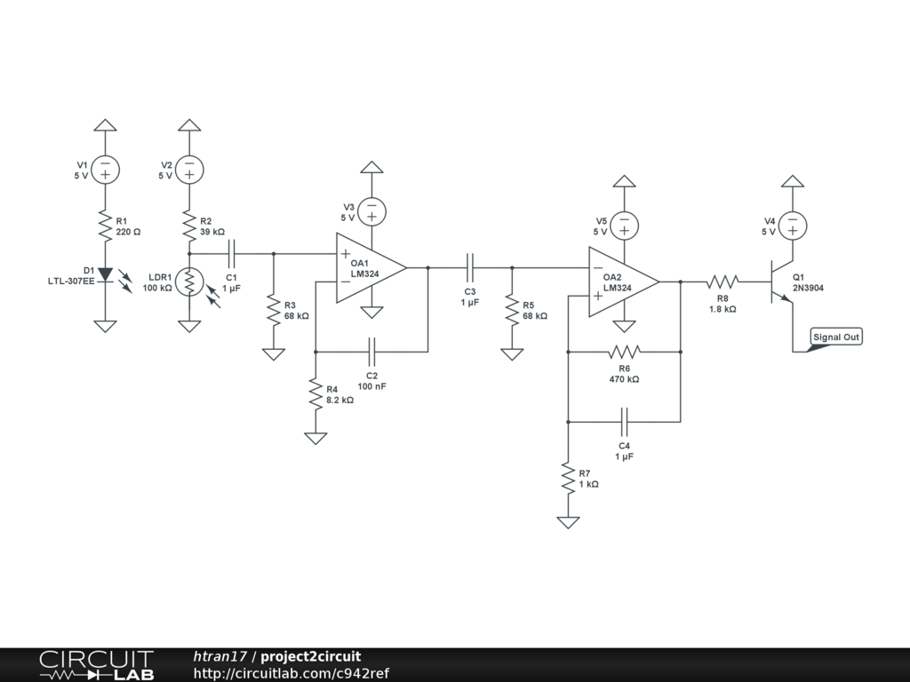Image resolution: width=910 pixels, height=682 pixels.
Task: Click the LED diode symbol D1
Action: [x=105, y=274]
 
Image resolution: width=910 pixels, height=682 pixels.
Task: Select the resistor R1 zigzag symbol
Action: [x=105, y=226]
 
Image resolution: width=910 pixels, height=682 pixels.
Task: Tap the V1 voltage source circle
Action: [x=105, y=170]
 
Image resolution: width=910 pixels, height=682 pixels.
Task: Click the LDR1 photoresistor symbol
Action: [x=189, y=282]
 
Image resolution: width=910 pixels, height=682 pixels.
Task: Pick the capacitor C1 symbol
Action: [x=232, y=253]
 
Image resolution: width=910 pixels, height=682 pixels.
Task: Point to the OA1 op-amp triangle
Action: [x=371, y=268]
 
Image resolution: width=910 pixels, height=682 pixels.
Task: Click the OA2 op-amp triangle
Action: [x=624, y=282]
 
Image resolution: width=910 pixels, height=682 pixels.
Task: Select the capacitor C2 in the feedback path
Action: [x=371, y=352]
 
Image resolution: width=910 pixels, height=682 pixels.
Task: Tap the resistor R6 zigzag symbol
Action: [x=625, y=352]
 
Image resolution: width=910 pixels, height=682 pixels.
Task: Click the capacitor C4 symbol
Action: [x=625, y=422]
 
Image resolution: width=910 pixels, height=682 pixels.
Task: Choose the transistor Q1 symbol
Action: [x=780, y=282]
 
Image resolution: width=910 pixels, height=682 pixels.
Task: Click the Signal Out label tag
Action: [x=835, y=337]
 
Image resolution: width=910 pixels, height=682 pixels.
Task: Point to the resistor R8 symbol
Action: [x=722, y=282]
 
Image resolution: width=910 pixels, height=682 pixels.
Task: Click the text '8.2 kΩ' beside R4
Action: [x=339, y=400]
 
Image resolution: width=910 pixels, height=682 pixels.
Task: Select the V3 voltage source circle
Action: [x=371, y=212]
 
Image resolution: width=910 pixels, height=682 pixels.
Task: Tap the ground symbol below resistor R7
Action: [x=568, y=522]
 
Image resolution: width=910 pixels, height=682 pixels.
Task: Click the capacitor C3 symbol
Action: [x=470, y=268]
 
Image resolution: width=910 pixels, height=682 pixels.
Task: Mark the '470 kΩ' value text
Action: [x=624, y=379]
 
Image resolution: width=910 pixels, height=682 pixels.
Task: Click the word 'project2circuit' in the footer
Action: [x=310, y=656]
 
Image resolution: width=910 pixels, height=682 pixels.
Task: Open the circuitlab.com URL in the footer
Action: [x=291, y=673]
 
